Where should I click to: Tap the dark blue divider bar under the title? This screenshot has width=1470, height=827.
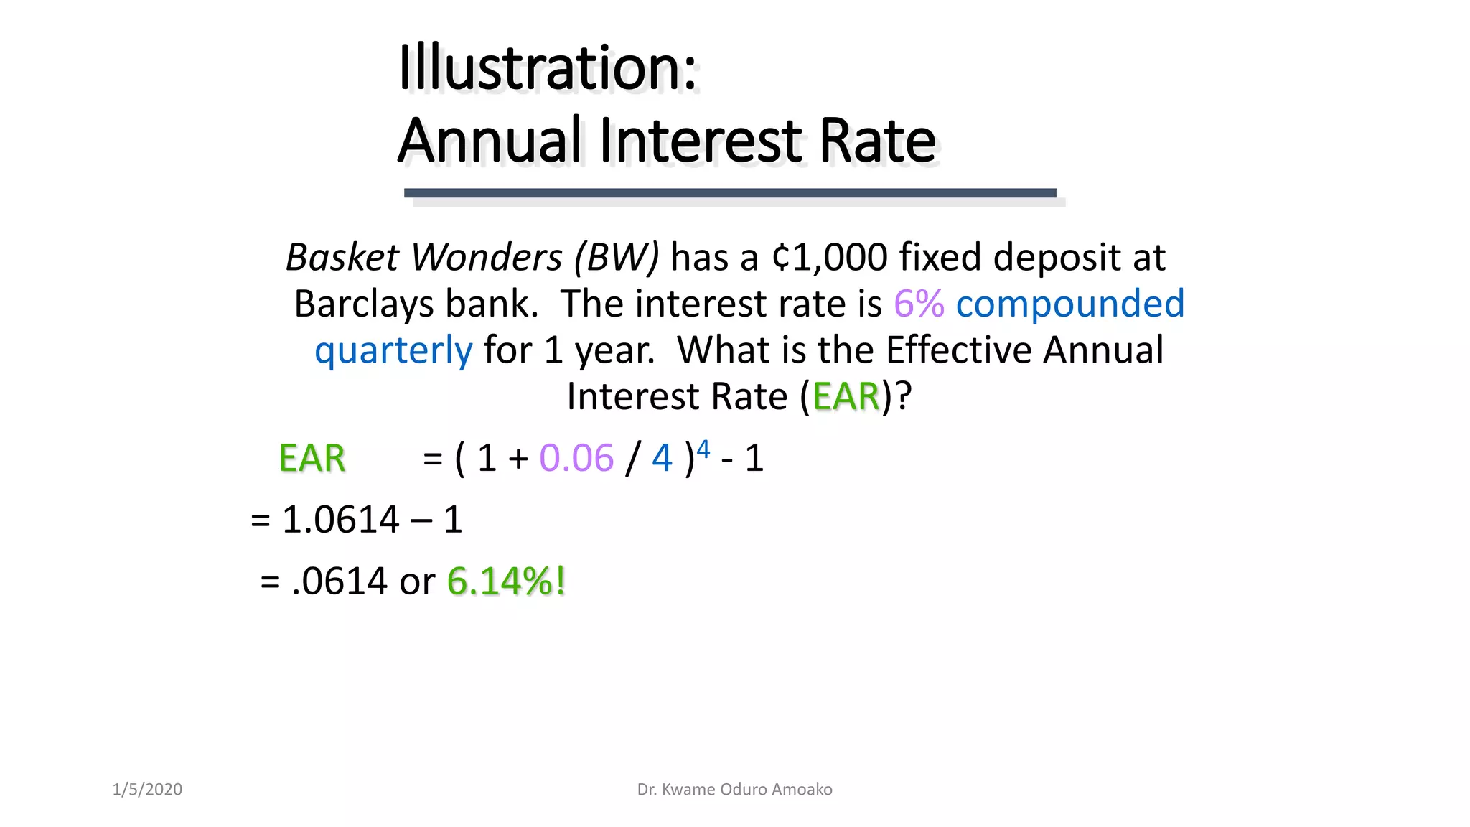coord(729,192)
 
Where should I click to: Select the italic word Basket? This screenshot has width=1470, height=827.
coord(341,258)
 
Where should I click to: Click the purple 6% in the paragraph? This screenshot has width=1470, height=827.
coord(918,304)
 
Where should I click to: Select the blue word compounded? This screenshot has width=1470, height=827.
coord(1069,304)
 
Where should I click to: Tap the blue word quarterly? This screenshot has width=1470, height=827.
coord(393,351)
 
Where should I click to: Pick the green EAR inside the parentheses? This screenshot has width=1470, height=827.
coord(846,397)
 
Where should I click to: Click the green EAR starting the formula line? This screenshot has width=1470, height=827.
coord(312,459)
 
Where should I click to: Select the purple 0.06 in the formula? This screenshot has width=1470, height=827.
coord(576,459)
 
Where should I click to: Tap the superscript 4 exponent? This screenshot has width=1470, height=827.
coord(703,449)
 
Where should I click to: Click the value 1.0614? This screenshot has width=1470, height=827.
coord(340,520)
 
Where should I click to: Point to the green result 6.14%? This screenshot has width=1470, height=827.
coord(506,581)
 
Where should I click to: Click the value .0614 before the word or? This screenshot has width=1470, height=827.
coord(340,581)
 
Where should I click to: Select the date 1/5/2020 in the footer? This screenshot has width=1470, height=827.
coord(147,790)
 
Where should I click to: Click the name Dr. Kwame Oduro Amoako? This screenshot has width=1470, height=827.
coord(734,790)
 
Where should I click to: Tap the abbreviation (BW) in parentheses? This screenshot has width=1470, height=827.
coord(616,258)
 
